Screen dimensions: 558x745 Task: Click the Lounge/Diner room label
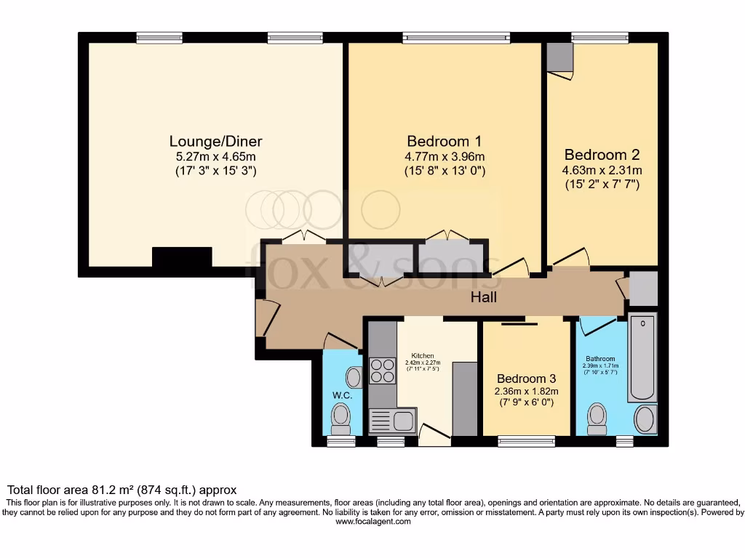[215, 141]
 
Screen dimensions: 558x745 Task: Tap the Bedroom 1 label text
[444, 141]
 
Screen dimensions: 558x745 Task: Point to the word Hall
[484, 296]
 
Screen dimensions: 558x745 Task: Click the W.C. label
[343, 395]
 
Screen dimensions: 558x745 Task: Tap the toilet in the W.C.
[340, 416]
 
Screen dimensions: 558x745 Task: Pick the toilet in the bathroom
[597, 417]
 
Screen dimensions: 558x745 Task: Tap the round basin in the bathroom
[645, 419]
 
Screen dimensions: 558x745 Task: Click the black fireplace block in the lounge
[182, 257]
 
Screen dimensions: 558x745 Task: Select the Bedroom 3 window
[526, 440]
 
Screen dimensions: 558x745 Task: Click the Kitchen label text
[422, 355]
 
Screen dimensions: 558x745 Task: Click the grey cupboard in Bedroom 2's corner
[559, 57]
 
